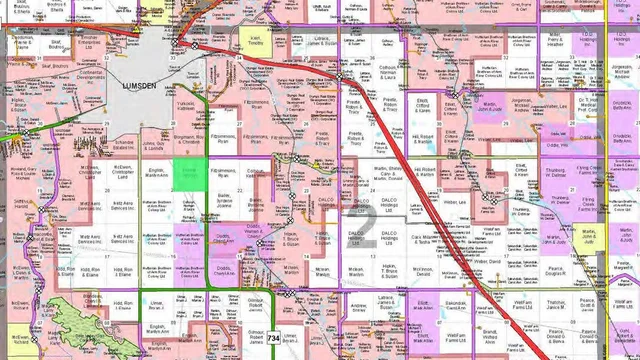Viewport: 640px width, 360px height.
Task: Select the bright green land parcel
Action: tap(189, 172)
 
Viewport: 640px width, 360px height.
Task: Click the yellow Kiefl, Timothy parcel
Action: tap(255, 44)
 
